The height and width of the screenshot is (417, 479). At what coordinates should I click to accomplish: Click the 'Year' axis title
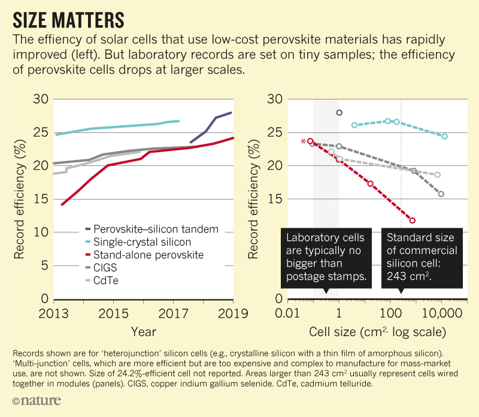pyautogui.click(x=143, y=331)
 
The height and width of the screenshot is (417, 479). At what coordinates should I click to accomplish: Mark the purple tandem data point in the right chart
pyautogui.click(x=339, y=113)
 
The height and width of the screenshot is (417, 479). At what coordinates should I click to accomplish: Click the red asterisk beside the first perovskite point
pyautogui.click(x=304, y=141)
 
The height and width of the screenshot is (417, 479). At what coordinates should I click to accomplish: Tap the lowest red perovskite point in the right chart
pyautogui.click(x=412, y=220)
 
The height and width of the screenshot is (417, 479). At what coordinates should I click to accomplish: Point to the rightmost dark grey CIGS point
pyautogui.click(x=441, y=194)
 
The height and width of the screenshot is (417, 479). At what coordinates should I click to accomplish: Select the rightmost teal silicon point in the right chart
pyautogui.click(x=444, y=136)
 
